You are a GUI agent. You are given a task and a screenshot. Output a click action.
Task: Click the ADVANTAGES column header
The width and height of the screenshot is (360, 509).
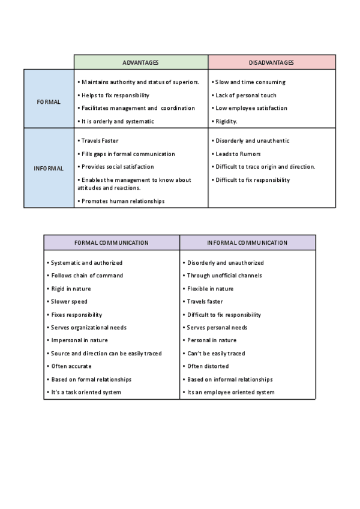pos(140,62)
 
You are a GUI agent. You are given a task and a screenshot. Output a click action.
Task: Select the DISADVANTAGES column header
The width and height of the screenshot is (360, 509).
pos(271,62)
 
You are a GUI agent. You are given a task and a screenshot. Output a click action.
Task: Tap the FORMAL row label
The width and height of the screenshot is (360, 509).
pos(49,102)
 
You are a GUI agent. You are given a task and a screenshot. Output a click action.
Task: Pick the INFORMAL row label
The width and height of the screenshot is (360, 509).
pos(49,169)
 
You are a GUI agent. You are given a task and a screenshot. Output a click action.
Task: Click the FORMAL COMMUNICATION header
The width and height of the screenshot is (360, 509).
pos(111,243)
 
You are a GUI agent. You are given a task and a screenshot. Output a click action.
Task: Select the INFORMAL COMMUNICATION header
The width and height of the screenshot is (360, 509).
pos(247,243)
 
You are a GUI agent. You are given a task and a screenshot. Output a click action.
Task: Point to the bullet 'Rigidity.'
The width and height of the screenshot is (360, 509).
pos(226,121)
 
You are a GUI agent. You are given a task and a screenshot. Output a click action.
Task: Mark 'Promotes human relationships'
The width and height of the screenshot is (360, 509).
pos(122,201)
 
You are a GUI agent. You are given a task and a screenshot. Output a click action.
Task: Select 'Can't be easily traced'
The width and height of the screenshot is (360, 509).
pos(215,354)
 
